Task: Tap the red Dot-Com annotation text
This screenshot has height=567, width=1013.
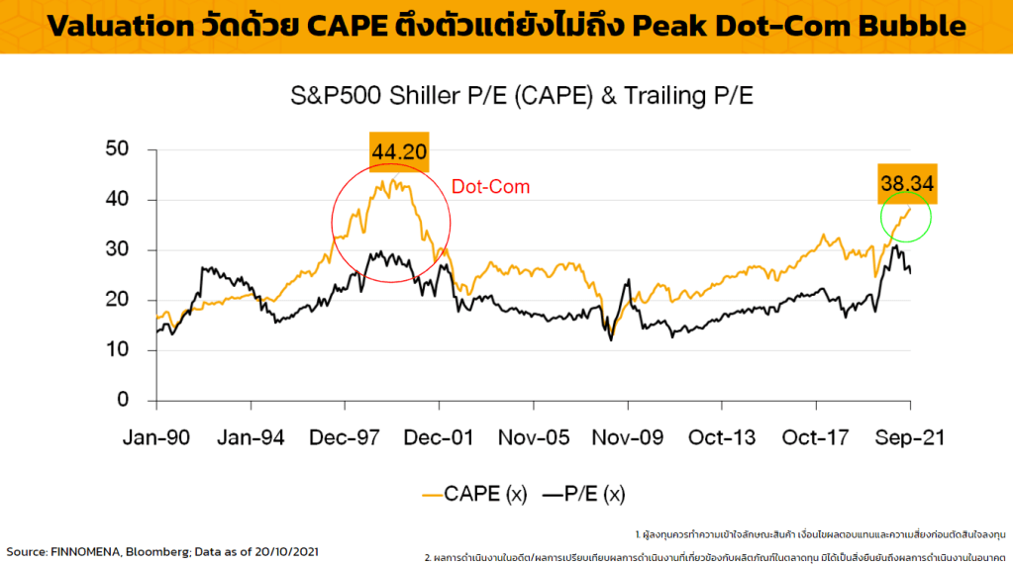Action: (490, 186)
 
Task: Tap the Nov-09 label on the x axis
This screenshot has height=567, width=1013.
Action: (627, 437)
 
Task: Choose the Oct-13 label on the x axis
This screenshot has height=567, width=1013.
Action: (721, 437)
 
